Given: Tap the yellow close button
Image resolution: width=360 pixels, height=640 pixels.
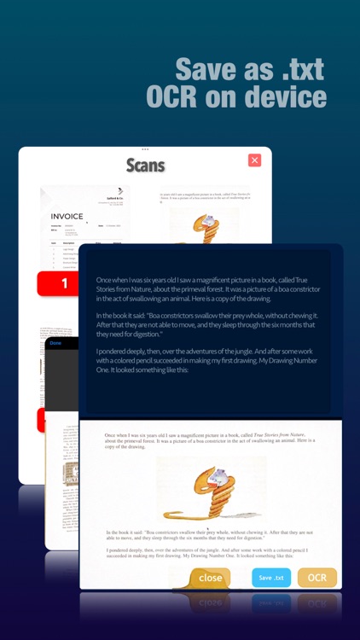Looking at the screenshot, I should [x=209, y=578].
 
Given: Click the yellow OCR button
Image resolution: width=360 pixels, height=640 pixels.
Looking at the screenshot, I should [x=316, y=578].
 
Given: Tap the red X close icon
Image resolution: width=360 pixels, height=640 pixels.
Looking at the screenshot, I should [x=254, y=160].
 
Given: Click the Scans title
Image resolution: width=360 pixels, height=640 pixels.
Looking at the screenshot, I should [x=145, y=164].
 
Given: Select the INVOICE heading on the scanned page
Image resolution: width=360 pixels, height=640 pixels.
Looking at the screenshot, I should [x=67, y=217].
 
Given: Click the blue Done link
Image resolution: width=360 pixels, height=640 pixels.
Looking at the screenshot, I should [x=55, y=343].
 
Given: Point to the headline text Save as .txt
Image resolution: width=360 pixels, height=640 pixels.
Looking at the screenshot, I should [x=251, y=68].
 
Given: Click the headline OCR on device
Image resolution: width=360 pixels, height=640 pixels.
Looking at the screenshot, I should [x=236, y=98].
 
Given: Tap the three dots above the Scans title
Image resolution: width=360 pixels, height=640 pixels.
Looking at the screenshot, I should [x=145, y=149].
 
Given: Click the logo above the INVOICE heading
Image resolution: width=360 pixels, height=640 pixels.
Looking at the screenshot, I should [x=113, y=193].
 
